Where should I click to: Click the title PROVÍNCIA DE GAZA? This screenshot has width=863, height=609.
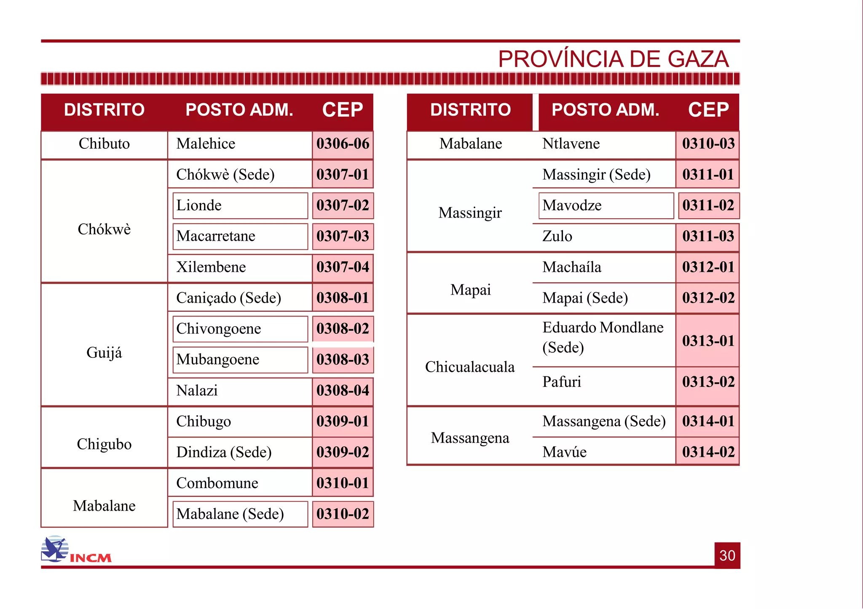[613, 59]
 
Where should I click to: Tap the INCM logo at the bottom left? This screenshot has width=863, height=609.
[76, 550]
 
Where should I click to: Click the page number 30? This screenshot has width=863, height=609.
[727, 555]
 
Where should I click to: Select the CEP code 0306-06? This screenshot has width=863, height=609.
[343, 144]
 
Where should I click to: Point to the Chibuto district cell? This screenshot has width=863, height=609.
[104, 144]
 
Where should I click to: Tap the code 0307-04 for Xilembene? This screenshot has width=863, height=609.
[343, 267]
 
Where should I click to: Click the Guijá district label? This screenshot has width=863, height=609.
[104, 352]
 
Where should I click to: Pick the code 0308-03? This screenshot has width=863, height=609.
[343, 359]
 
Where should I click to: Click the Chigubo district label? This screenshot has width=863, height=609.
[104, 444]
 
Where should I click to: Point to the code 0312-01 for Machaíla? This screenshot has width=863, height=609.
[708, 267]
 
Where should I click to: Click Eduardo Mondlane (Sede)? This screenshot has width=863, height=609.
[603, 337]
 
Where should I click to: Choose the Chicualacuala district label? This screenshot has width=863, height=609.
[470, 367]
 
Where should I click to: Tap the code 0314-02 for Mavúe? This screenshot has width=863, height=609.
[708, 452]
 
